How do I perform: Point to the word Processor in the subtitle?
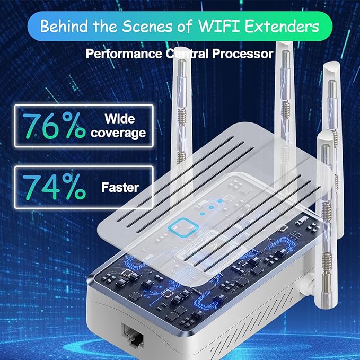pyautogui.click(x=248, y=54)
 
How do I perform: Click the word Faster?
pyautogui.click(x=120, y=187)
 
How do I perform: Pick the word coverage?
pyautogui.click(x=118, y=133)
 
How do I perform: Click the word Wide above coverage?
pyautogui.click(x=119, y=118)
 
